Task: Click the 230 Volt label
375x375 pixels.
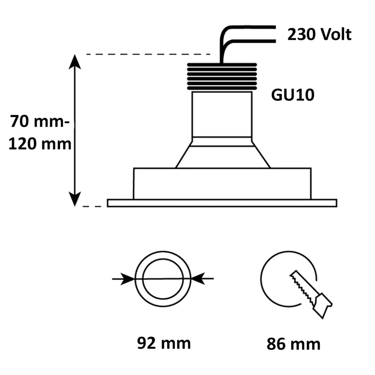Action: (319, 34)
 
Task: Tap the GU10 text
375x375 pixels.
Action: (292, 95)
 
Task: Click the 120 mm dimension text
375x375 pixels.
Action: (40, 144)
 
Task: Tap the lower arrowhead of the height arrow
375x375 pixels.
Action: (75, 199)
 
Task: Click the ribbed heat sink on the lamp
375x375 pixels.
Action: (222, 77)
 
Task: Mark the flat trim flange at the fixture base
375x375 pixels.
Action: (222, 203)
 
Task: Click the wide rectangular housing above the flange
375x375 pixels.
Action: (222, 183)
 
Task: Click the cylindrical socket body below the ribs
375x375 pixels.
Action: (222, 114)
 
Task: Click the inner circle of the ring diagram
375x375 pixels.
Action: (162, 279)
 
